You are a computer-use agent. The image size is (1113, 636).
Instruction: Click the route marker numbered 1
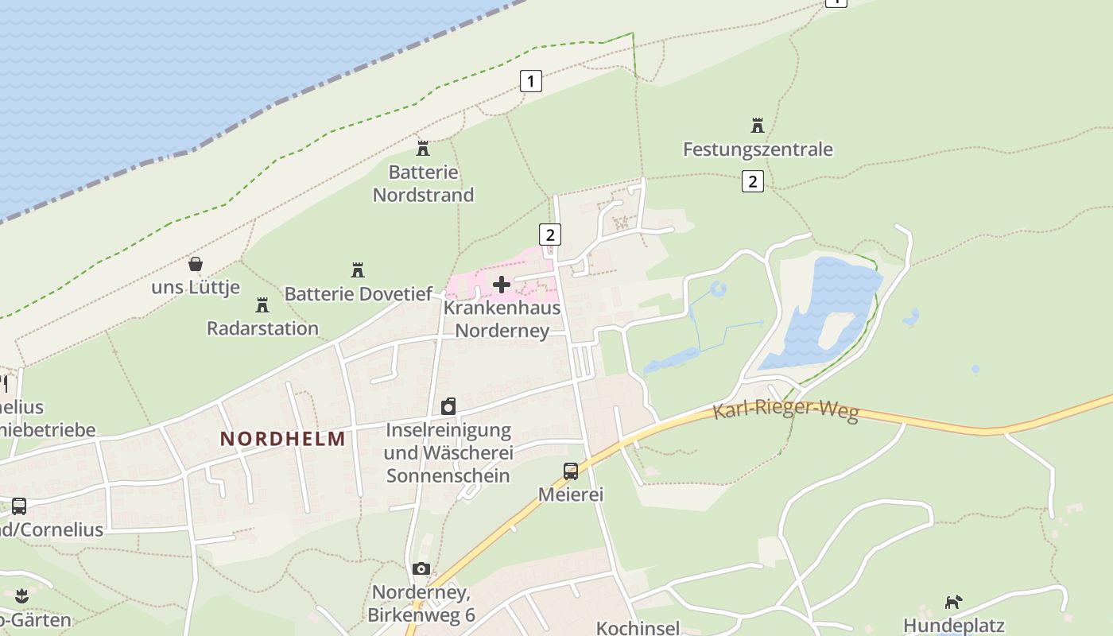tap(530, 80)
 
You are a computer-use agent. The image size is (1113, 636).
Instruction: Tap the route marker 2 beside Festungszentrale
tap(752, 181)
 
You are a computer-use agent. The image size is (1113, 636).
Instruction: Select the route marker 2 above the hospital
tap(549, 235)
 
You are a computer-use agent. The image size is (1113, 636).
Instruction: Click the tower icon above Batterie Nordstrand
tap(423, 149)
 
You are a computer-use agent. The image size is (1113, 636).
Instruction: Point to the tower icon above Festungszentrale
tap(758, 126)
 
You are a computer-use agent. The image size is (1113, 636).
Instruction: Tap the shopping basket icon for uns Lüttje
tap(196, 264)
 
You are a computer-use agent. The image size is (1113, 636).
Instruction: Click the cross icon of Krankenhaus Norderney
tap(502, 284)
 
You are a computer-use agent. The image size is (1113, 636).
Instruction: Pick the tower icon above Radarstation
tap(262, 304)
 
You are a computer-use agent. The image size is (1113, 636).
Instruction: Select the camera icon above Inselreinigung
tap(448, 407)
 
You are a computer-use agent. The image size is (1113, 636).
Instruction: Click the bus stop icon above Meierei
tap(571, 471)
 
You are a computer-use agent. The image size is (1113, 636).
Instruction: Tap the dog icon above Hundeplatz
tap(953, 602)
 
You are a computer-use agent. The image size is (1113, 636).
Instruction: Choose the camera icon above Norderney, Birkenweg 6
tap(421, 568)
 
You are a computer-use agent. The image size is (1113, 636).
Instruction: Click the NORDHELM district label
tap(283, 439)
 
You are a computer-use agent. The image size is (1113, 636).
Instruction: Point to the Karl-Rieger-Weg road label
tap(785, 411)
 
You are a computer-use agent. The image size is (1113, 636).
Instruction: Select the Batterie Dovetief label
tap(359, 293)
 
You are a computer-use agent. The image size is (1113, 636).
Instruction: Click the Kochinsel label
tap(638, 628)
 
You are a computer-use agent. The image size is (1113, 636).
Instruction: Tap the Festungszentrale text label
tap(758, 149)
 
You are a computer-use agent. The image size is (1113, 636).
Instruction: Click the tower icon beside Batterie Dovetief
tap(358, 270)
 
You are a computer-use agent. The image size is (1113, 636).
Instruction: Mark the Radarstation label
tap(262, 328)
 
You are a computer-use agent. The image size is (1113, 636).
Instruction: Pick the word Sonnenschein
tap(448, 475)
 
